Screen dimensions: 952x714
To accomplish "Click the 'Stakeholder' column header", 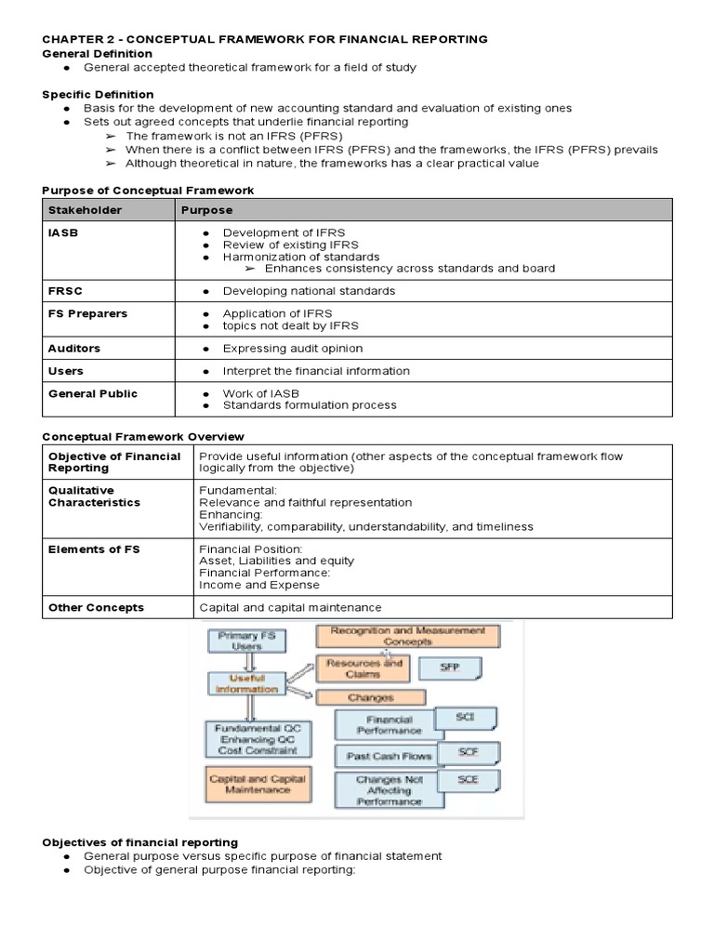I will pyautogui.click(x=85, y=210).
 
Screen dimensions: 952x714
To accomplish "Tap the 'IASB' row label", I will pyautogui.click(x=62, y=233).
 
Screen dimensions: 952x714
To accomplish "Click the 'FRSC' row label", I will pyautogui.click(x=64, y=291).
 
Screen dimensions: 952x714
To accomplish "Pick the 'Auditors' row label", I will pyautogui.click(x=74, y=349).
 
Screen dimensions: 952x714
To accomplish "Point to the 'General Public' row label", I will pyautogui.click(x=92, y=393).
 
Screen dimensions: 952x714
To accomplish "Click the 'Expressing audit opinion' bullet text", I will pyautogui.click(x=292, y=349).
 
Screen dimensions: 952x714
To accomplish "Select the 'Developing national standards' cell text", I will pyautogui.click(x=309, y=291).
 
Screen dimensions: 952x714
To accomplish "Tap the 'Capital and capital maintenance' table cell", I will pyautogui.click(x=290, y=607).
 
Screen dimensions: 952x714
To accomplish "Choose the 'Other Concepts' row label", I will pyautogui.click(x=96, y=607).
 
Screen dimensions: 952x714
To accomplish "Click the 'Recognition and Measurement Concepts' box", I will pyautogui.click(x=407, y=636).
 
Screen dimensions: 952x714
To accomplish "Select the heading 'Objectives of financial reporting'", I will pyautogui.click(x=139, y=842).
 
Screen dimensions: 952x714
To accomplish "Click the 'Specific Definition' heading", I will pyautogui.click(x=98, y=95).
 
